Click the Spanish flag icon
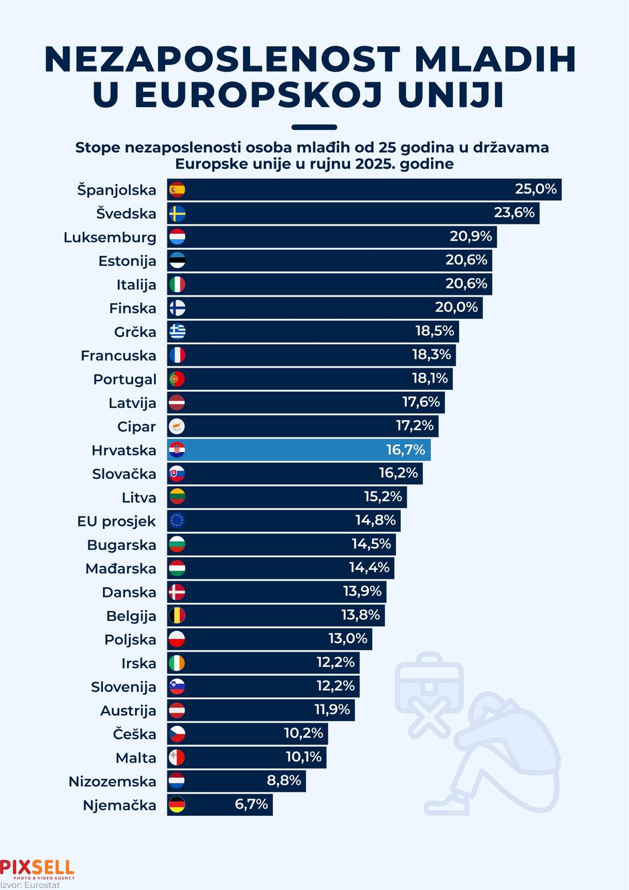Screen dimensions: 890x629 pyautogui.click(x=177, y=190)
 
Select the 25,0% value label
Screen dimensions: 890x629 pyautogui.click(x=535, y=189)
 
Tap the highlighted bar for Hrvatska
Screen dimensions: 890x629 pyautogui.click(x=298, y=450)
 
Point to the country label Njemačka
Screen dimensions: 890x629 pyautogui.click(x=119, y=805)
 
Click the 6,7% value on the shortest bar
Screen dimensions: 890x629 pyautogui.click(x=251, y=804)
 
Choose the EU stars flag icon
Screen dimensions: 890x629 pyautogui.click(x=177, y=521)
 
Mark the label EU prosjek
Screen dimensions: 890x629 pyautogui.click(x=116, y=521)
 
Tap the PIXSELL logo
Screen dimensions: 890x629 pyautogui.click(x=37, y=869)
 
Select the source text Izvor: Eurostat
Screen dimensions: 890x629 pyautogui.click(x=30, y=885)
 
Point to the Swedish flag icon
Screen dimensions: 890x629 pyautogui.click(x=177, y=214)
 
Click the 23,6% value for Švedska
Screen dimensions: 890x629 pyautogui.click(x=514, y=213)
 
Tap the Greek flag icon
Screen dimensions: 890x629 pyautogui.click(x=177, y=331)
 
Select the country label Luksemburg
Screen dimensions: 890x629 pyautogui.click(x=110, y=237)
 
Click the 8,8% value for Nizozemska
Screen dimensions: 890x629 pyautogui.click(x=284, y=780)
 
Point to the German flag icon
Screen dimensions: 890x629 pyautogui.click(x=177, y=805)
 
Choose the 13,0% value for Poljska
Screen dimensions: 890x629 pyautogui.click(x=347, y=638)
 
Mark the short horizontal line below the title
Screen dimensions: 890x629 pyautogui.click(x=314, y=127)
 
